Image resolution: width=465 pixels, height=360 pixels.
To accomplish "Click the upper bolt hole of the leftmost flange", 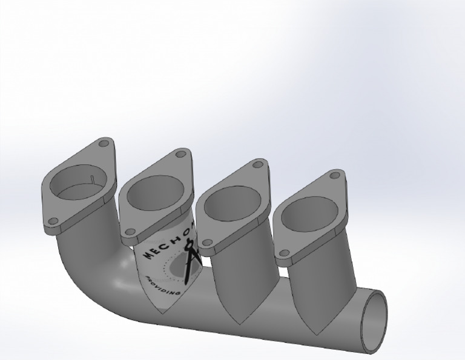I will tap(104, 145).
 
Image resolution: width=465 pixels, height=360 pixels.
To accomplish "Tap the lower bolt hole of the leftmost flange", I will tap(53, 221).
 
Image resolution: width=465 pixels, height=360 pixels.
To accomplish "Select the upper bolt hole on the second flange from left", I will tap(179, 155).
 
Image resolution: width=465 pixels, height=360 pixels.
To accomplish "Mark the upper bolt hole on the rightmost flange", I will tap(334, 176).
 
